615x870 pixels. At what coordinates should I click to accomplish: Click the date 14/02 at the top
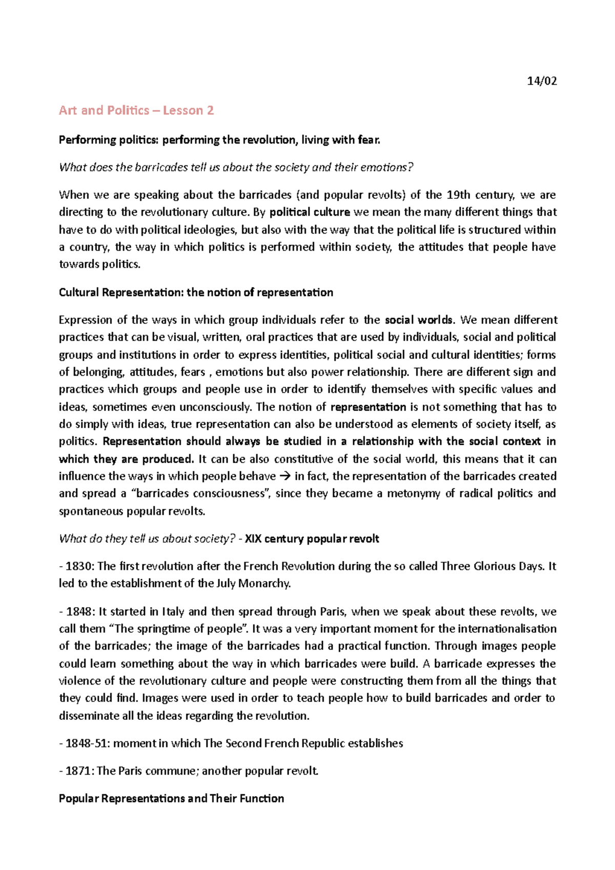542,81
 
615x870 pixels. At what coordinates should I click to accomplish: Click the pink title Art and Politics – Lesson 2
136,111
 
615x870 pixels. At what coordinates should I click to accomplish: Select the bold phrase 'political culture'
310,212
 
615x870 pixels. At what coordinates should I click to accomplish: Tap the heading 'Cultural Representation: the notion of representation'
196,293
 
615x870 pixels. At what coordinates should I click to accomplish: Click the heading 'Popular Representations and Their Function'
171,799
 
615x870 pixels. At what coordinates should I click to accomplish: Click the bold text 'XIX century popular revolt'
312,539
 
